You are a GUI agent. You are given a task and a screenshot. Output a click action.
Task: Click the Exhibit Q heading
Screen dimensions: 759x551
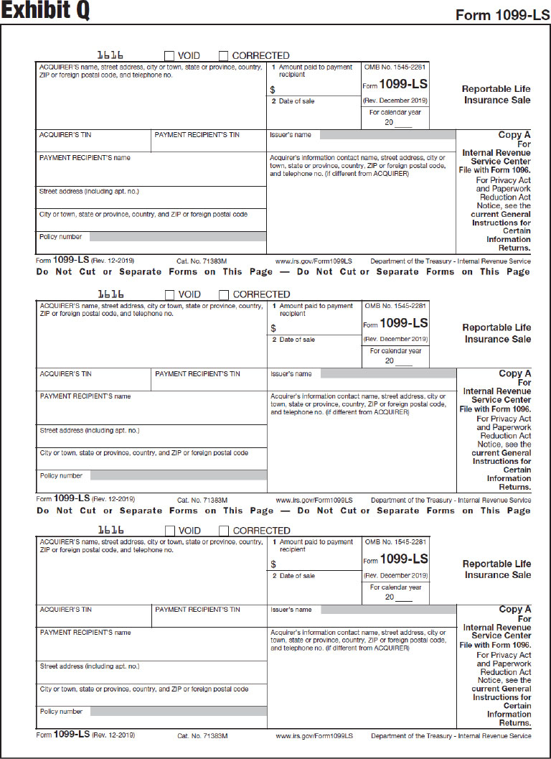tap(44, 12)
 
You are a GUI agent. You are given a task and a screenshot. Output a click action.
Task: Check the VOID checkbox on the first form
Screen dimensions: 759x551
tap(169, 55)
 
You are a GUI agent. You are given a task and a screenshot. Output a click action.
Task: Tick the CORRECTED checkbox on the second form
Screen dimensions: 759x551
tap(224, 294)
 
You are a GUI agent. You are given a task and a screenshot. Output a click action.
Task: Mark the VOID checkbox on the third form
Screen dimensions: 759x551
tap(170, 531)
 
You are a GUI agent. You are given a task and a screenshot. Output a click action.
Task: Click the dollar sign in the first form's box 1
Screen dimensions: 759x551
tap(273, 90)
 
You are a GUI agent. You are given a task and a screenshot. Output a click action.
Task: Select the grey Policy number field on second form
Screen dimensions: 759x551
tap(178, 475)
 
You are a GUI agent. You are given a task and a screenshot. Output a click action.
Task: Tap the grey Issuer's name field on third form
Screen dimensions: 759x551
tap(387, 610)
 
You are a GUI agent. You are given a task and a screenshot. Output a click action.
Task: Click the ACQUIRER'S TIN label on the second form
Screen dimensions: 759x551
tap(66, 374)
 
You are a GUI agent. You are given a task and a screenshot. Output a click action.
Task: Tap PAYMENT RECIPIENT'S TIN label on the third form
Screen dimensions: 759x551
tap(197, 610)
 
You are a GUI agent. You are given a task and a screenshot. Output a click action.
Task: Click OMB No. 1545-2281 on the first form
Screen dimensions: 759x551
tap(395, 67)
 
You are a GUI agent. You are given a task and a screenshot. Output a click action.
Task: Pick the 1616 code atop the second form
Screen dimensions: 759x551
tap(110, 294)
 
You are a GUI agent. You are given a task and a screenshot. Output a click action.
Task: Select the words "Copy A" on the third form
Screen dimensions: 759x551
tap(515, 610)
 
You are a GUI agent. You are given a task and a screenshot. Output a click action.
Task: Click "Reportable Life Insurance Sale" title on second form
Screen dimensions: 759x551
tap(497, 333)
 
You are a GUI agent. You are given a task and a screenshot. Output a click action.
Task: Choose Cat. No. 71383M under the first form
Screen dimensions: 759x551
tap(202, 261)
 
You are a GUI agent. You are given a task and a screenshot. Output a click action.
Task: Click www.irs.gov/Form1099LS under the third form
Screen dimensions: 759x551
tap(314, 736)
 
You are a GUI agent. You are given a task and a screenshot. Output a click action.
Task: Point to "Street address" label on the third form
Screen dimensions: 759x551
tap(90, 666)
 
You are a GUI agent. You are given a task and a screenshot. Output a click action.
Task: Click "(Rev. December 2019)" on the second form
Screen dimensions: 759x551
tap(395, 339)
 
